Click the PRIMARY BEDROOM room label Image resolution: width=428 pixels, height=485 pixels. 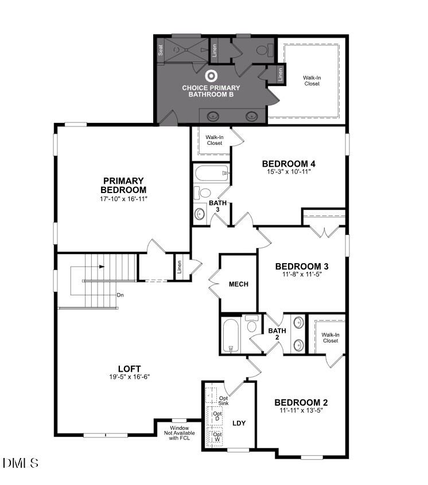click(123, 185)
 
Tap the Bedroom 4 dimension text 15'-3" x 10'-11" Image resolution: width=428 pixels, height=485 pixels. click(289, 172)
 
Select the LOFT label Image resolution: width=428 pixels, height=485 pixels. click(129, 368)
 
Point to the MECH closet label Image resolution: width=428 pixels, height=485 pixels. click(238, 284)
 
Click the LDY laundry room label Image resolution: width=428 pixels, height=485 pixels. click(239, 423)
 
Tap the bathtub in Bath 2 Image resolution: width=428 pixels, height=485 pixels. click(229, 336)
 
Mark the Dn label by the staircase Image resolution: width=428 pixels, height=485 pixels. click(120, 295)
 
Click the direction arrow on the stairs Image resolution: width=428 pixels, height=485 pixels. click(101, 267)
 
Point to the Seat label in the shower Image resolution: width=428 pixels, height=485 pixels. click(161, 51)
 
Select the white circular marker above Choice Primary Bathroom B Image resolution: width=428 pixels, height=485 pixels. click(211, 75)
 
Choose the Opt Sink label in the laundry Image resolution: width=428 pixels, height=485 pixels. click(223, 401)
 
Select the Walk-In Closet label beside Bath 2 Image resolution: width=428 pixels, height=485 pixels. click(329, 337)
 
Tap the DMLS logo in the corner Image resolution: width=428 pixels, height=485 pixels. click(21, 463)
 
